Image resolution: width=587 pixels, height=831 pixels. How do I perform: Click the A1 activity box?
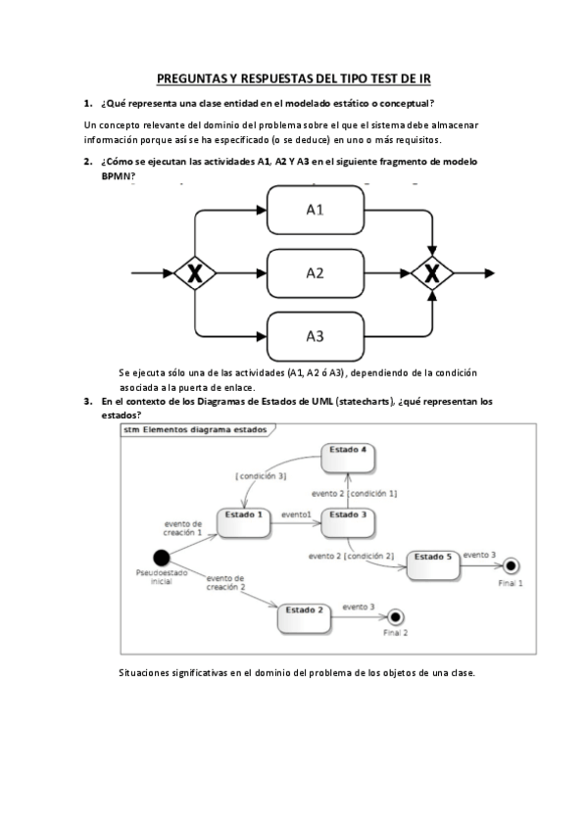click(315, 210)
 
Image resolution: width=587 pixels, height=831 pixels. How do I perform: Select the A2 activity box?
click(315, 273)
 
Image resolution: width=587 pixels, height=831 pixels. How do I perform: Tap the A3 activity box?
click(315, 336)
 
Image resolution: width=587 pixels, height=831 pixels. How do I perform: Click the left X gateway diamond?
click(195, 273)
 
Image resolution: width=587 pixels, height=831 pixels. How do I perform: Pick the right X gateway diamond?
click(432, 273)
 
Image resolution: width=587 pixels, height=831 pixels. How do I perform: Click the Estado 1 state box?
click(242, 520)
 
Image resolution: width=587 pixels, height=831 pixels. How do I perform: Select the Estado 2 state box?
click(304, 615)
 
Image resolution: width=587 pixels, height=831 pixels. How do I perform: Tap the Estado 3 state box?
click(348, 520)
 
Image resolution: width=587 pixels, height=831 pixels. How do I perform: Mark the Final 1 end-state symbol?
click(511, 567)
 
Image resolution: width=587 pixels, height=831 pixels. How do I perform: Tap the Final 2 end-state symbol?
click(396, 616)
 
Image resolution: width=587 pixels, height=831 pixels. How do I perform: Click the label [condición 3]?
click(261, 475)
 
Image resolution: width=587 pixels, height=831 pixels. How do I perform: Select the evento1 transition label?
click(296, 514)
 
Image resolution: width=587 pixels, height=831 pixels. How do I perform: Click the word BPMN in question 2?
click(117, 176)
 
